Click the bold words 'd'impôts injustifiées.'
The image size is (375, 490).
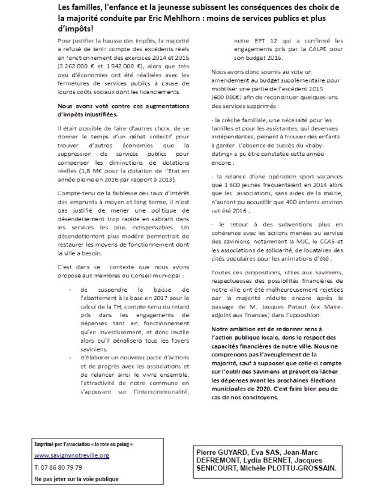(x=76, y=114)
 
